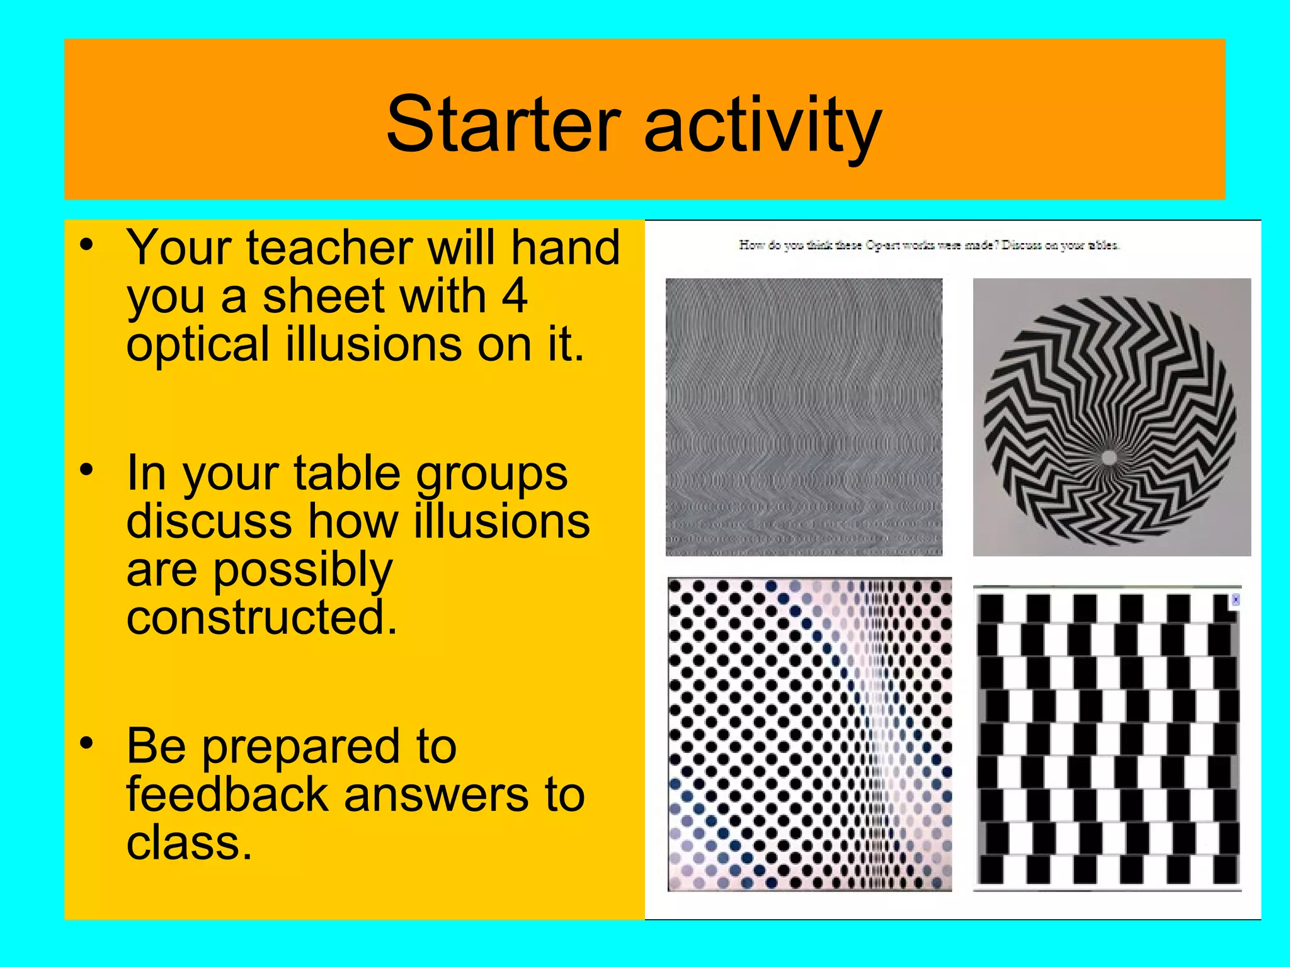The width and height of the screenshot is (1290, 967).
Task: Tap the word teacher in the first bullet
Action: click(330, 247)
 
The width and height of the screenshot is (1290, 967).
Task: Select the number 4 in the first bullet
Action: click(515, 296)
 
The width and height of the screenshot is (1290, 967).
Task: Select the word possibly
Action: click(303, 570)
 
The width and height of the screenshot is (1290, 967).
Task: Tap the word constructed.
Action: click(261, 618)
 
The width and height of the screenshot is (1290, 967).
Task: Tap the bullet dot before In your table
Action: click(87, 470)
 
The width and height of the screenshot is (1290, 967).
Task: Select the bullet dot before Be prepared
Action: click(87, 743)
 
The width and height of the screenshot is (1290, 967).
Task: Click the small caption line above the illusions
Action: click(929, 246)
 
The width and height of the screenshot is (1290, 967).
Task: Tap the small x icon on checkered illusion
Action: click(1235, 600)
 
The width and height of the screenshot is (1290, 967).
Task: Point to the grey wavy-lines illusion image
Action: click(804, 417)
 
